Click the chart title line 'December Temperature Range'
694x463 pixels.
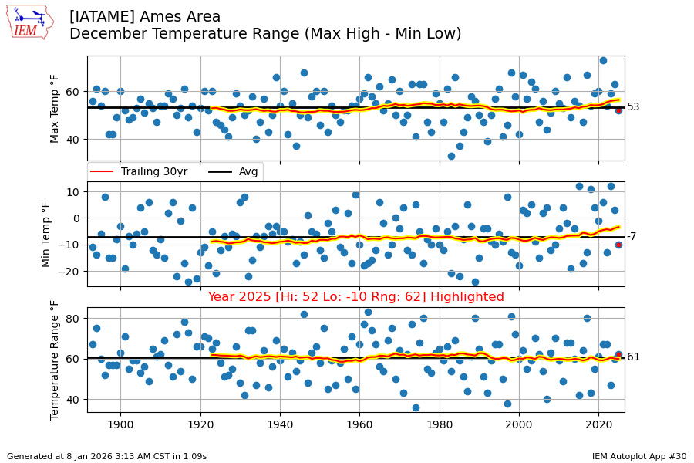point(265,34)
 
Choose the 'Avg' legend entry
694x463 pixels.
point(235,171)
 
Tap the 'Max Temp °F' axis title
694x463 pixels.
point(55,109)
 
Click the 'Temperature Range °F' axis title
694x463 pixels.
point(55,360)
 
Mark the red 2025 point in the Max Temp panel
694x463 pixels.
point(618,110)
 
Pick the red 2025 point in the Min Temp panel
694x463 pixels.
point(618,245)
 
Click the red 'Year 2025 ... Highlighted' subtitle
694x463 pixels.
point(355,297)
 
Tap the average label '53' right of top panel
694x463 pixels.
point(633,107)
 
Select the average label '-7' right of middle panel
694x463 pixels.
point(632,237)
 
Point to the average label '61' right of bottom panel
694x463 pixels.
point(633,357)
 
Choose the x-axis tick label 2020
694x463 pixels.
point(598,426)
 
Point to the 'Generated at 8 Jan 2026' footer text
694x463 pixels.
point(106,456)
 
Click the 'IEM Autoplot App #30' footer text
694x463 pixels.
point(639,456)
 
